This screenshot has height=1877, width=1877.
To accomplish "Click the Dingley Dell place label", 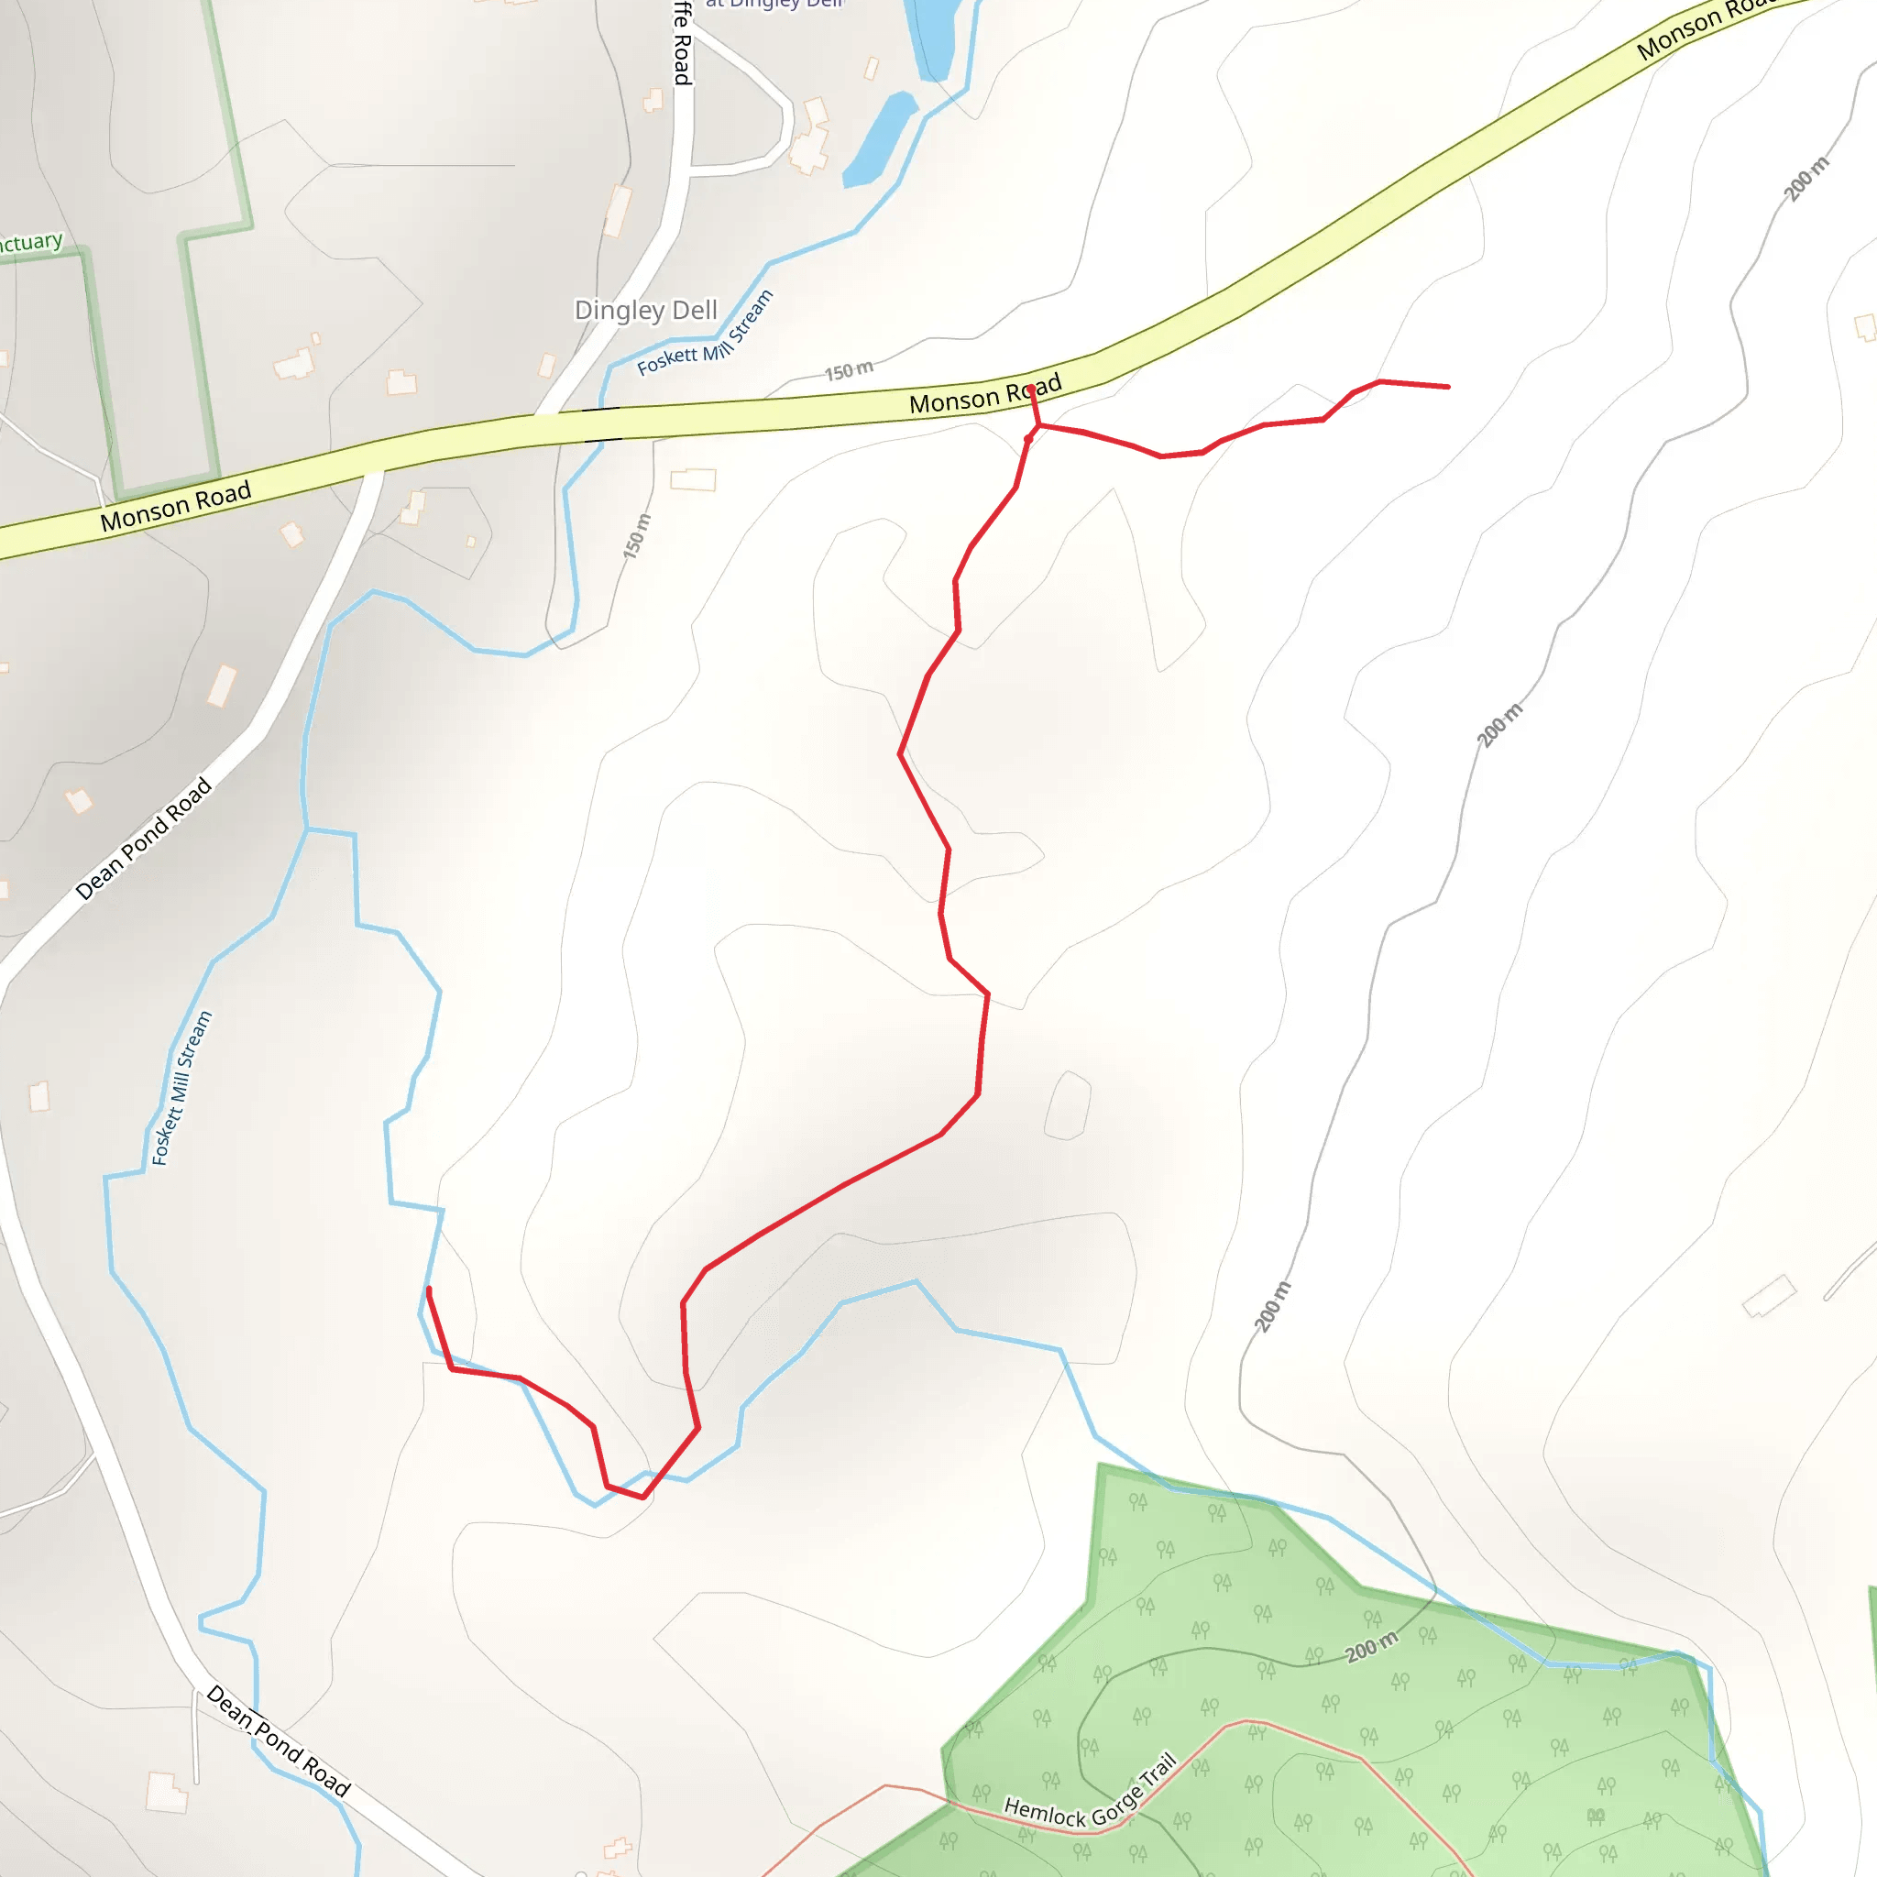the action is tap(645, 310).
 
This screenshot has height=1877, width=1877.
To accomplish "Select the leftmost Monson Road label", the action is tap(176, 506).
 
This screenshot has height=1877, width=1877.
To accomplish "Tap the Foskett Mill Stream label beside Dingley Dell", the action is tap(707, 335).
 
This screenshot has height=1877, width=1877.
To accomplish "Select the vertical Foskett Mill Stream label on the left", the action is tap(181, 1088).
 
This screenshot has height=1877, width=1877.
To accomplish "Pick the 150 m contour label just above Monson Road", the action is tap(849, 370).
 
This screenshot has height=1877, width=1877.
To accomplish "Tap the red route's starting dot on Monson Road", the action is tap(1031, 390).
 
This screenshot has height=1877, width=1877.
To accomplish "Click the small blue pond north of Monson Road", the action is tap(879, 138).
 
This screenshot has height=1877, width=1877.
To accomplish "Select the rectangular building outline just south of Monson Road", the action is tap(694, 479).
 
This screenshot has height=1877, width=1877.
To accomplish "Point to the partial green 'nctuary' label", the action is tap(29, 242).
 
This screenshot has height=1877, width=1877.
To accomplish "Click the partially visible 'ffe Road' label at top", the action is tap(683, 44).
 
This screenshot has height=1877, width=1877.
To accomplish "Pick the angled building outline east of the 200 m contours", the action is tap(1769, 1296).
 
